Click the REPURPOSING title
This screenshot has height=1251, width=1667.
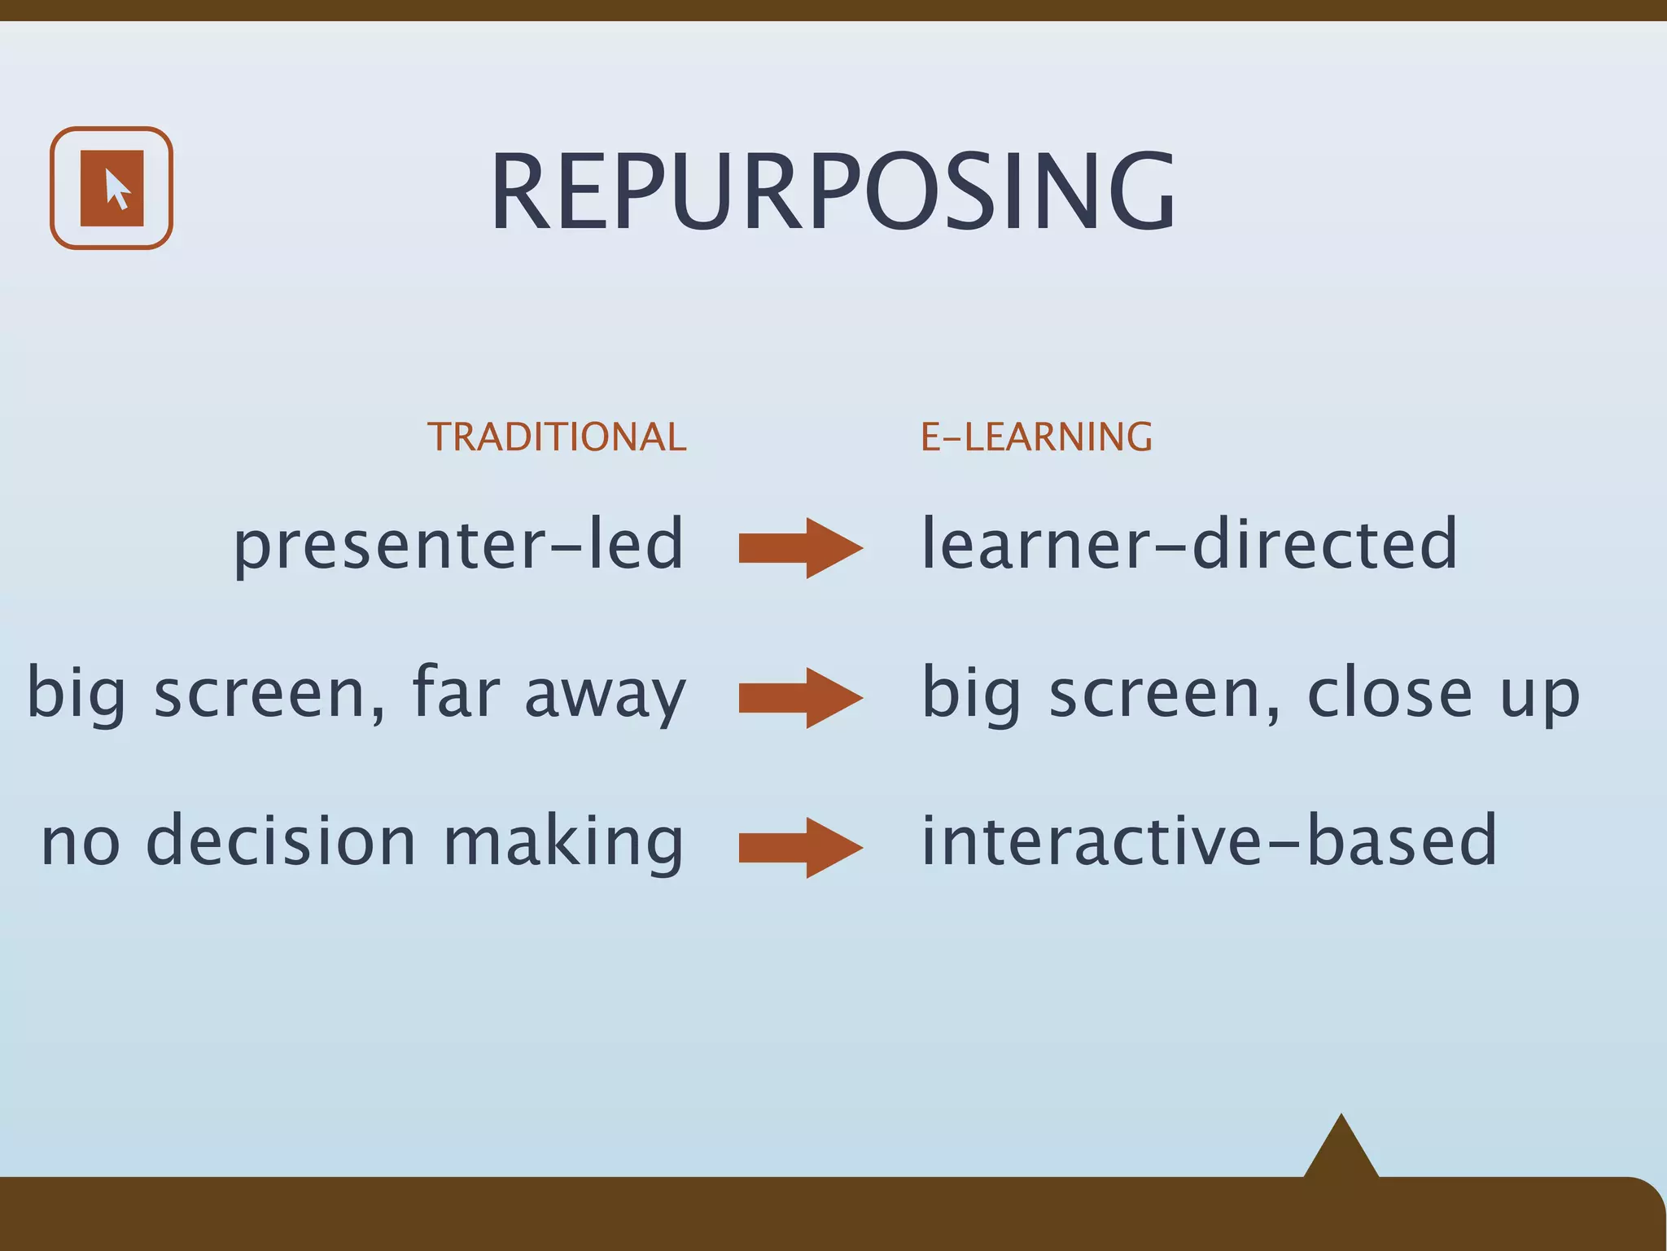833,192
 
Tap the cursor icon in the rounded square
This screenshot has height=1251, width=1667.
112,188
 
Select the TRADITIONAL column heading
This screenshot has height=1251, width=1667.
557,437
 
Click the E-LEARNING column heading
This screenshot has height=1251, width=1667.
1036,437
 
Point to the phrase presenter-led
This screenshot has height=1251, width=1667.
458,544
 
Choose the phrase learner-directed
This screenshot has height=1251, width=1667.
1188,544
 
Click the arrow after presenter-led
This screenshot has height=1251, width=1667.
800,548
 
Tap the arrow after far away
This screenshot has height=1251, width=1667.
800,698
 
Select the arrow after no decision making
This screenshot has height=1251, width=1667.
800,848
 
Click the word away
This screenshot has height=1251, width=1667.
605,695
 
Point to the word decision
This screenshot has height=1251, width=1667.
281,841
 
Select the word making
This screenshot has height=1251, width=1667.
562,844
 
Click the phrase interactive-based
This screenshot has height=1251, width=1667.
1208,841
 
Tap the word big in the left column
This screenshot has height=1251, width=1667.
77,695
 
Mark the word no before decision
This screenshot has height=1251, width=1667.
80,844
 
